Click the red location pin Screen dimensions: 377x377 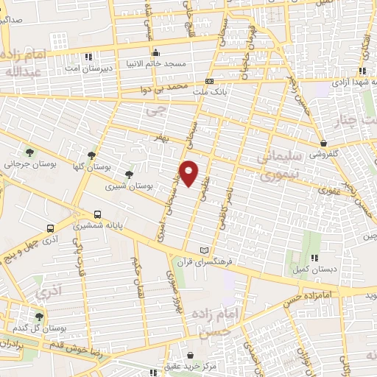[190, 172]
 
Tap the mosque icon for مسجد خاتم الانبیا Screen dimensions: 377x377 [156, 54]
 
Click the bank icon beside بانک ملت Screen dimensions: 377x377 [210, 81]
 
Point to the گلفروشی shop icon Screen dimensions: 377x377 [324, 143]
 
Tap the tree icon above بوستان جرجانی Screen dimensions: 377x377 [29, 152]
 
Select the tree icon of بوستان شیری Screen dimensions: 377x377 [130, 175]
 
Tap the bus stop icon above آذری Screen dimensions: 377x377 [50, 228]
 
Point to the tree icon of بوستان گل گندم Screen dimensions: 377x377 [38, 317]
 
